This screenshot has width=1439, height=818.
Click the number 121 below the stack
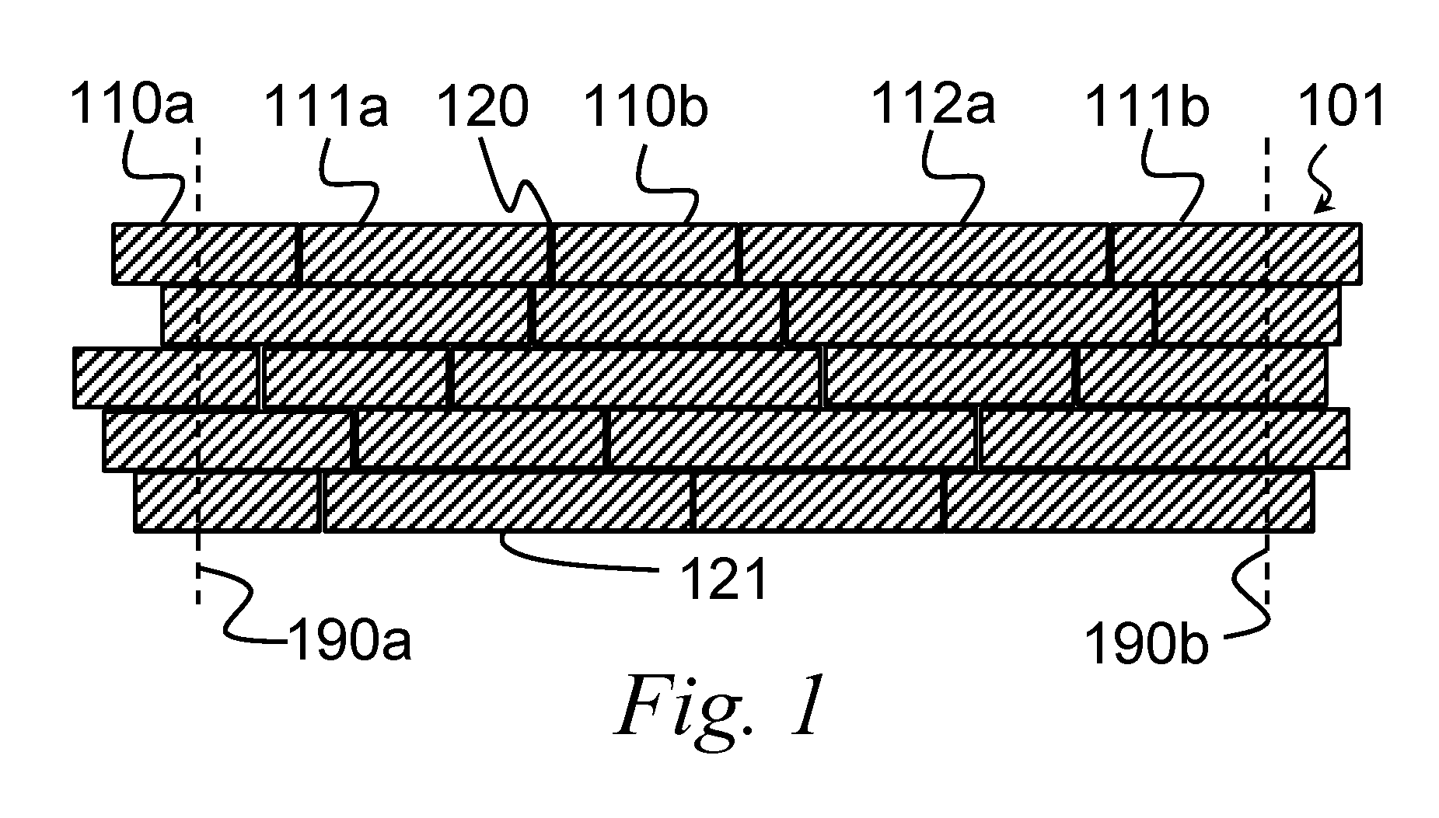(x=724, y=579)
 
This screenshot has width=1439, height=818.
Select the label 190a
(x=349, y=642)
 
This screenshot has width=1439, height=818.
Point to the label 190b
(x=1147, y=645)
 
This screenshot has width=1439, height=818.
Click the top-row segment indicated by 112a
(x=924, y=252)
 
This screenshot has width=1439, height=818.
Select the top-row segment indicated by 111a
(x=424, y=252)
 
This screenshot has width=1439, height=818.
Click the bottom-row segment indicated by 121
(x=508, y=502)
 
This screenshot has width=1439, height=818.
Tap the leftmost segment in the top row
(x=205, y=252)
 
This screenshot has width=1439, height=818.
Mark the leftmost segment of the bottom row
(x=228, y=502)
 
